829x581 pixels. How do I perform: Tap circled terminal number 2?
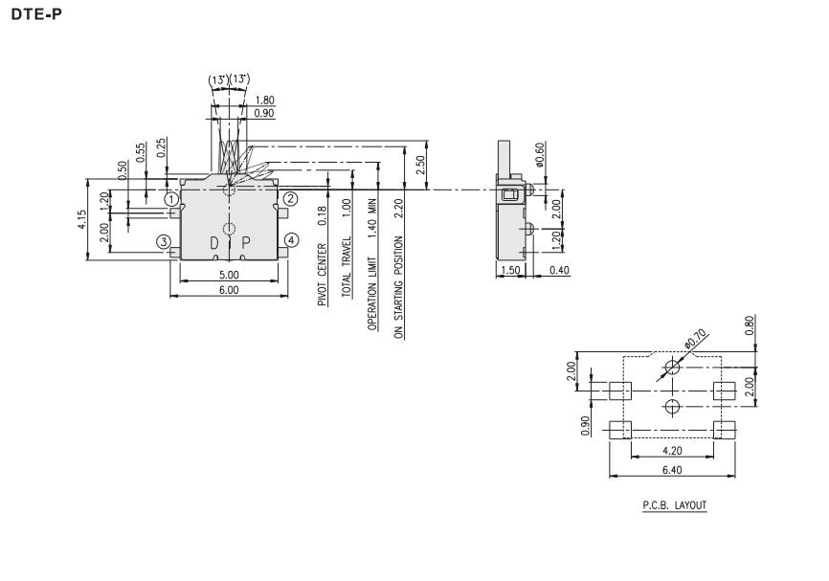click(291, 200)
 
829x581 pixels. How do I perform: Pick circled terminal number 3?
click(165, 241)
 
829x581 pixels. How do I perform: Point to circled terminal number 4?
click(291, 239)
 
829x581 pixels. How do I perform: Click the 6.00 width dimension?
click(228, 289)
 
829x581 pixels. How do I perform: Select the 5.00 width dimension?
click(228, 274)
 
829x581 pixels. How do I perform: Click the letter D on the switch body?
click(214, 243)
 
